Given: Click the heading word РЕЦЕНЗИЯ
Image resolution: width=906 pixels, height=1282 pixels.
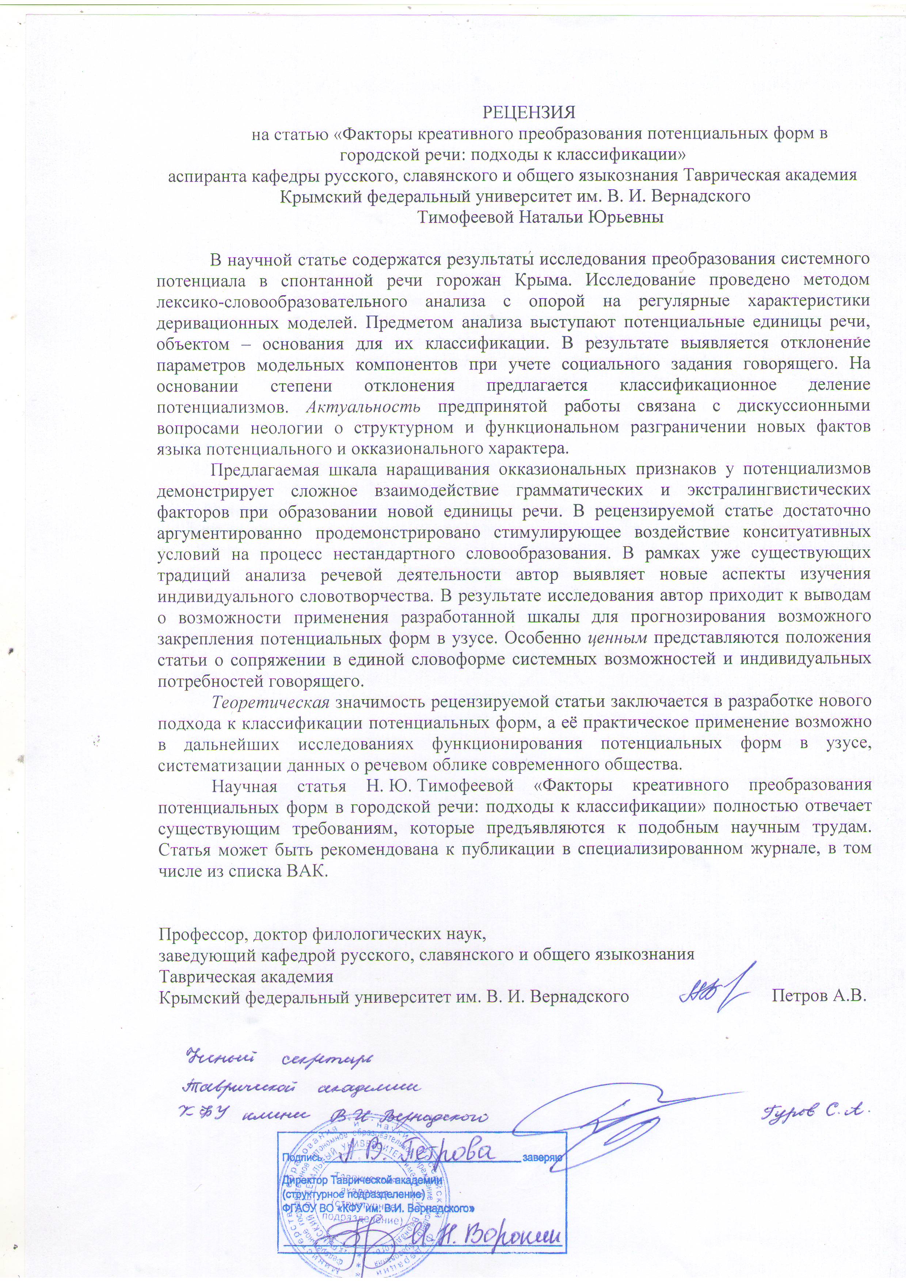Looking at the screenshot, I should pyautogui.click(x=528, y=112).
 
